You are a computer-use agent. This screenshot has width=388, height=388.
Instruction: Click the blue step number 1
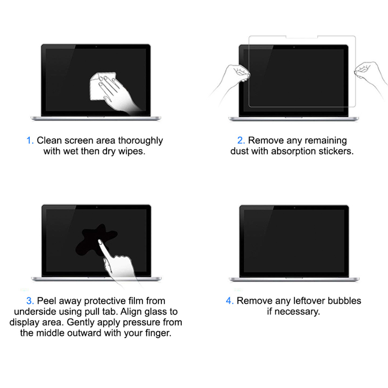29,141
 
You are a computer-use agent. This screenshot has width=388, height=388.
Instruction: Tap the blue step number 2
241,141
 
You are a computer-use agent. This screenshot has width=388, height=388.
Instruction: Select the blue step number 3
30,301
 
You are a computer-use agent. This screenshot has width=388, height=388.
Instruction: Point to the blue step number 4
230,301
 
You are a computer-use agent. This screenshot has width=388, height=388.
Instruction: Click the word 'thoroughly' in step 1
140,141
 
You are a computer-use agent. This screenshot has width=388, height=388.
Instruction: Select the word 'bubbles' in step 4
346,301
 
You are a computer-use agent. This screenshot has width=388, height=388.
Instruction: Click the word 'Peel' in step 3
47,301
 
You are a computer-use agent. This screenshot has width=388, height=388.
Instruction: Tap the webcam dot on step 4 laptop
294,207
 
